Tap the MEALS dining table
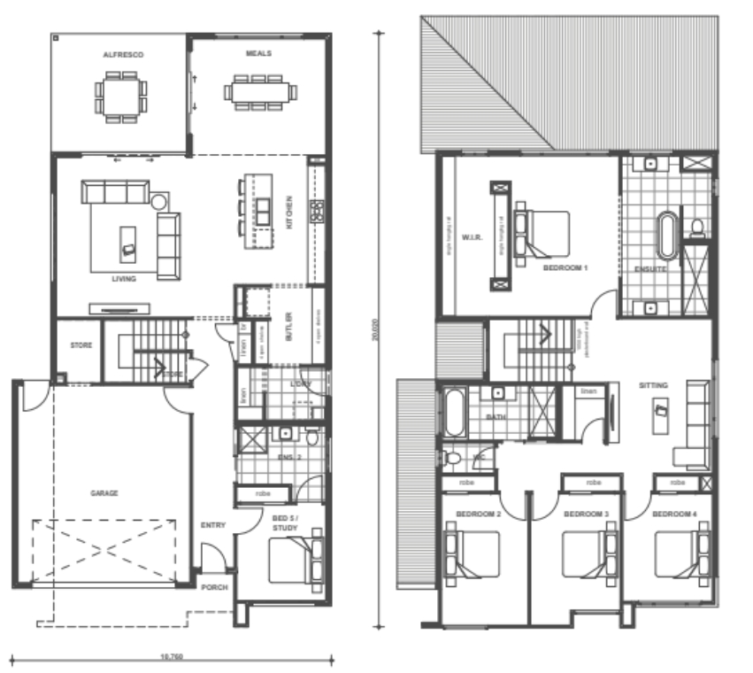pos(259,91)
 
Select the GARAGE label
pos(104,493)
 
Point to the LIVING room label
pos(123,279)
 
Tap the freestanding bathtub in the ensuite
pos(665,236)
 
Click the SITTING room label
pos(654,385)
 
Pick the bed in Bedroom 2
pos(473,553)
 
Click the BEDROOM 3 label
pos(587,514)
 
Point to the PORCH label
pos(214,587)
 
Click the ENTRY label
pos(213,525)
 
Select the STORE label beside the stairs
pos(81,345)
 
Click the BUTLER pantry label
pos(289,327)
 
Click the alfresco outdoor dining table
pos(121,92)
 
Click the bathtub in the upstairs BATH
pos(454,413)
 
